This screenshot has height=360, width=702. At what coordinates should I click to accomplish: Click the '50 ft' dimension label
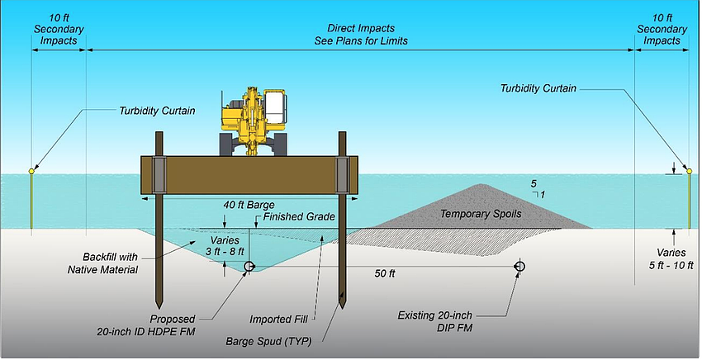(x=382, y=273)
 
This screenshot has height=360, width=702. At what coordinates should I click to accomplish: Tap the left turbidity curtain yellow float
(x=31, y=171)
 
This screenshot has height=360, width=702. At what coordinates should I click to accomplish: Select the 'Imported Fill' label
(x=275, y=318)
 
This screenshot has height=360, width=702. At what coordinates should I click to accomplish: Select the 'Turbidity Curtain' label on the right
(x=544, y=88)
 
